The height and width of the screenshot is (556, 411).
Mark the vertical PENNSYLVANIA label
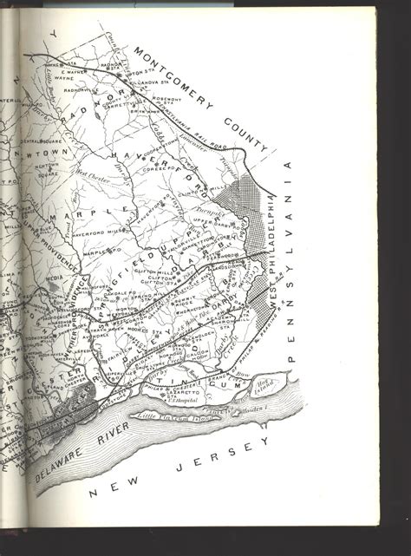tap(292, 260)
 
